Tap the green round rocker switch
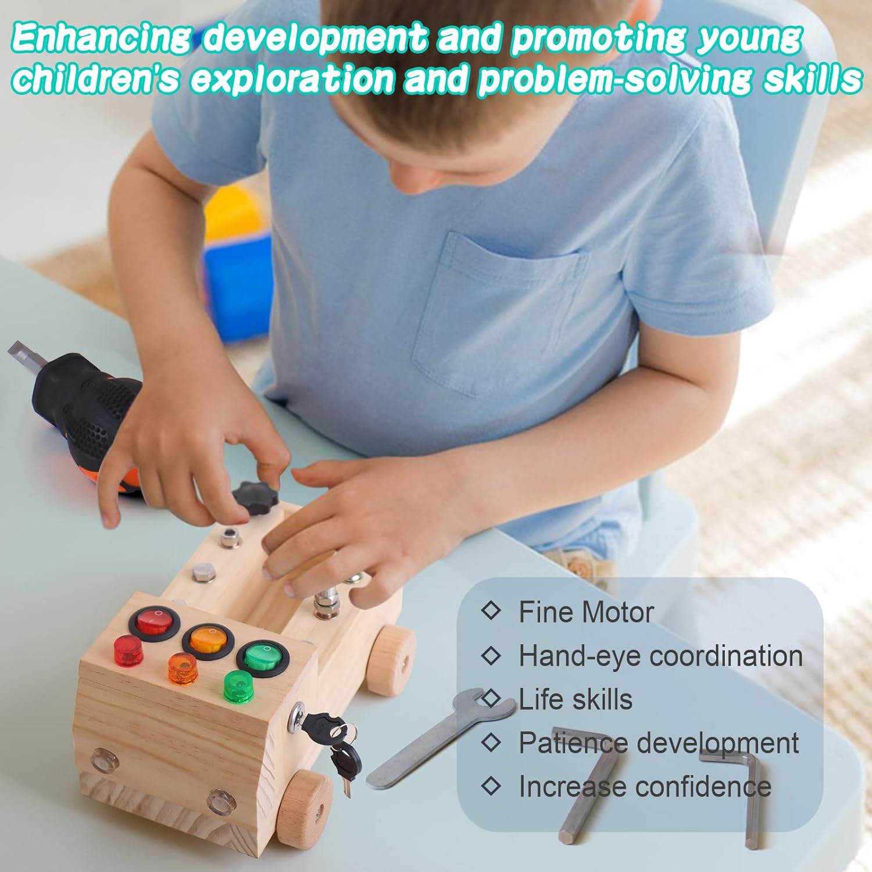[x=263, y=659]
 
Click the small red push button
[x=128, y=651]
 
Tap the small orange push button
[x=183, y=668]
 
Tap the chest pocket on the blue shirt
[x=497, y=317]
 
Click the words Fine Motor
[x=586, y=612]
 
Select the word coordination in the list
[x=726, y=656]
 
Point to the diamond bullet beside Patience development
[x=491, y=742]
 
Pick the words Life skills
[x=575, y=699]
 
